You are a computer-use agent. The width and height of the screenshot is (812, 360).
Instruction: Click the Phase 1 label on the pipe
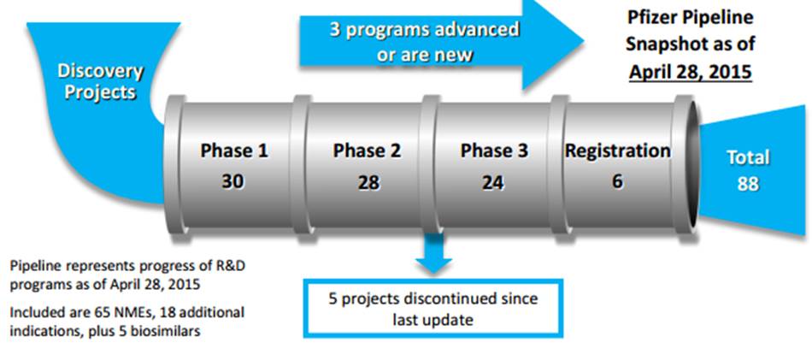click(x=234, y=150)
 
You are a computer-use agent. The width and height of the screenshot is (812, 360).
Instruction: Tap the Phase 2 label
click(x=368, y=150)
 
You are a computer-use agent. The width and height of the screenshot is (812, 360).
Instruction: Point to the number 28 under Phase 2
click(x=368, y=182)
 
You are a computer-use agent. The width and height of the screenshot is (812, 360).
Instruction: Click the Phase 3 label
click(x=495, y=150)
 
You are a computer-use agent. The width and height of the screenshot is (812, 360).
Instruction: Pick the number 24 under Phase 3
click(x=492, y=182)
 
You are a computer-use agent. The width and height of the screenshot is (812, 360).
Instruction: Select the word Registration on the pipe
click(x=617, y=151)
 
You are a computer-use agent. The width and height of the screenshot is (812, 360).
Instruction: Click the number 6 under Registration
click(x=617, y=181)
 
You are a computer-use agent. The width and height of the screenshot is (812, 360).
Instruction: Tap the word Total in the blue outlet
click(x=748, y=157)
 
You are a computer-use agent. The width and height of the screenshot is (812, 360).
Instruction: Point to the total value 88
click(x=748, y=184)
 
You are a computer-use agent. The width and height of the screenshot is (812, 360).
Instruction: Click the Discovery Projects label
click(x=101, y=81)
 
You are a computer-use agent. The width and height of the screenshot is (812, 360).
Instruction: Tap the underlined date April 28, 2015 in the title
click(x=690, y=71)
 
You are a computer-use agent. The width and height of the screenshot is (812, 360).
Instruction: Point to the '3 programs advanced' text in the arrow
click(x=425, y=30)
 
